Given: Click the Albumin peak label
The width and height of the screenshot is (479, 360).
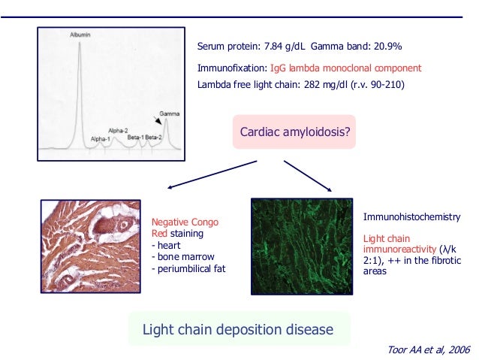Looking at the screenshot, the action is [81, 35].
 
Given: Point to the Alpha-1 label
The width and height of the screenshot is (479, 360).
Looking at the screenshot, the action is [101, 139].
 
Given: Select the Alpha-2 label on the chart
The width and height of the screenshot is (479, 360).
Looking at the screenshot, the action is [119, 130].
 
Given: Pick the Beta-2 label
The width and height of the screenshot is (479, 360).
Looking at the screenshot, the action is [155, 138].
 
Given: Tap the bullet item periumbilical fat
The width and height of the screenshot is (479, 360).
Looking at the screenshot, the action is [188, 269].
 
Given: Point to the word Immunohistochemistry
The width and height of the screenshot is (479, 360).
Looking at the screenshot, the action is [411, 217].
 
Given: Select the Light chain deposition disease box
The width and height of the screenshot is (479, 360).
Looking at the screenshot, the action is [237, 330].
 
